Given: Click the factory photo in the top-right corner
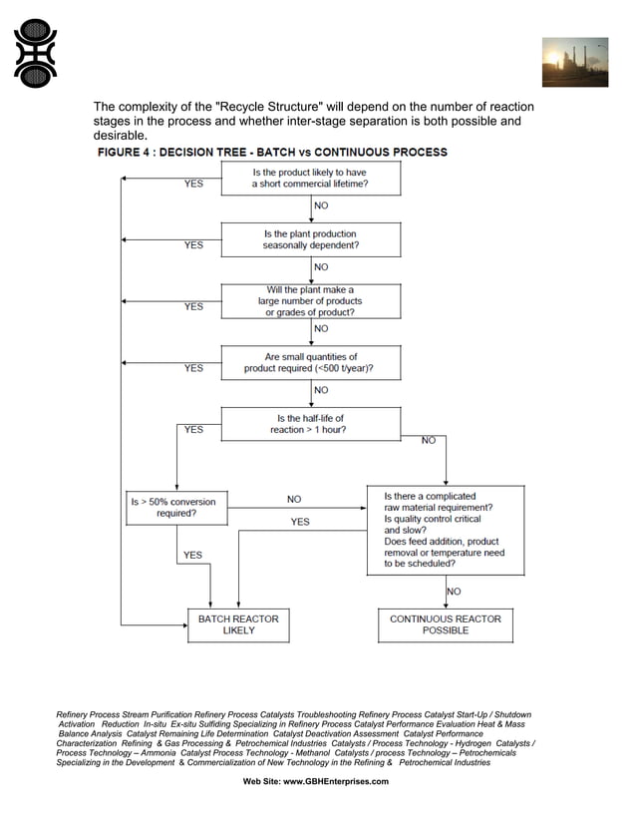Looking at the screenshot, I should pyautogui.click(x=574, y=63).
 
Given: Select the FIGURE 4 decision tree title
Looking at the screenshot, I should pyautogui.click(x=271, y=153).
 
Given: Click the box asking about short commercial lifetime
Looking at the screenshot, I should pyautogui.click(x=310, y=178).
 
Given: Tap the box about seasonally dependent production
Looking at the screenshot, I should pyautogui.click(x=310, y=239).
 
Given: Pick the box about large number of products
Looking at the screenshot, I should pyautogui.click(x=310, y=300).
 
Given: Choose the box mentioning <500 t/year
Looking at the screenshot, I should pyautogui.click(x=310, y=362).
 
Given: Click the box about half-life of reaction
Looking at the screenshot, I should pyautogui.click(x=310, y=424).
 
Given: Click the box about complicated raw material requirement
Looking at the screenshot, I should pyautogui.click(x=444, y=530).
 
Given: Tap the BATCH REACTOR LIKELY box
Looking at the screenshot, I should pyautogui.click(x=238, y=624).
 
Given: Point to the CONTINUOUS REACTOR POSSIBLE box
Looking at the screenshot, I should pyautogui.click(x=445, y=624).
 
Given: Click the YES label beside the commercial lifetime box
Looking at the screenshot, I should pyautogui.click(x=193, y=184).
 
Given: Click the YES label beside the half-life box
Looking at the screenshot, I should pyautogui.click(x=193, y=430).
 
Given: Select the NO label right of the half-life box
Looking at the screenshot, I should pyautogui.click(x=429, y=441).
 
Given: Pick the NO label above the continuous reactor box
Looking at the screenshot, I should pyautogui.click(x=454, y=591).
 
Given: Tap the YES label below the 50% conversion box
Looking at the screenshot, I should pyautogui.click(x=192, y=555).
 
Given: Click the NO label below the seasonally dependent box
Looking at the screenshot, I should pyautogui.click(x=321, y=267).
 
